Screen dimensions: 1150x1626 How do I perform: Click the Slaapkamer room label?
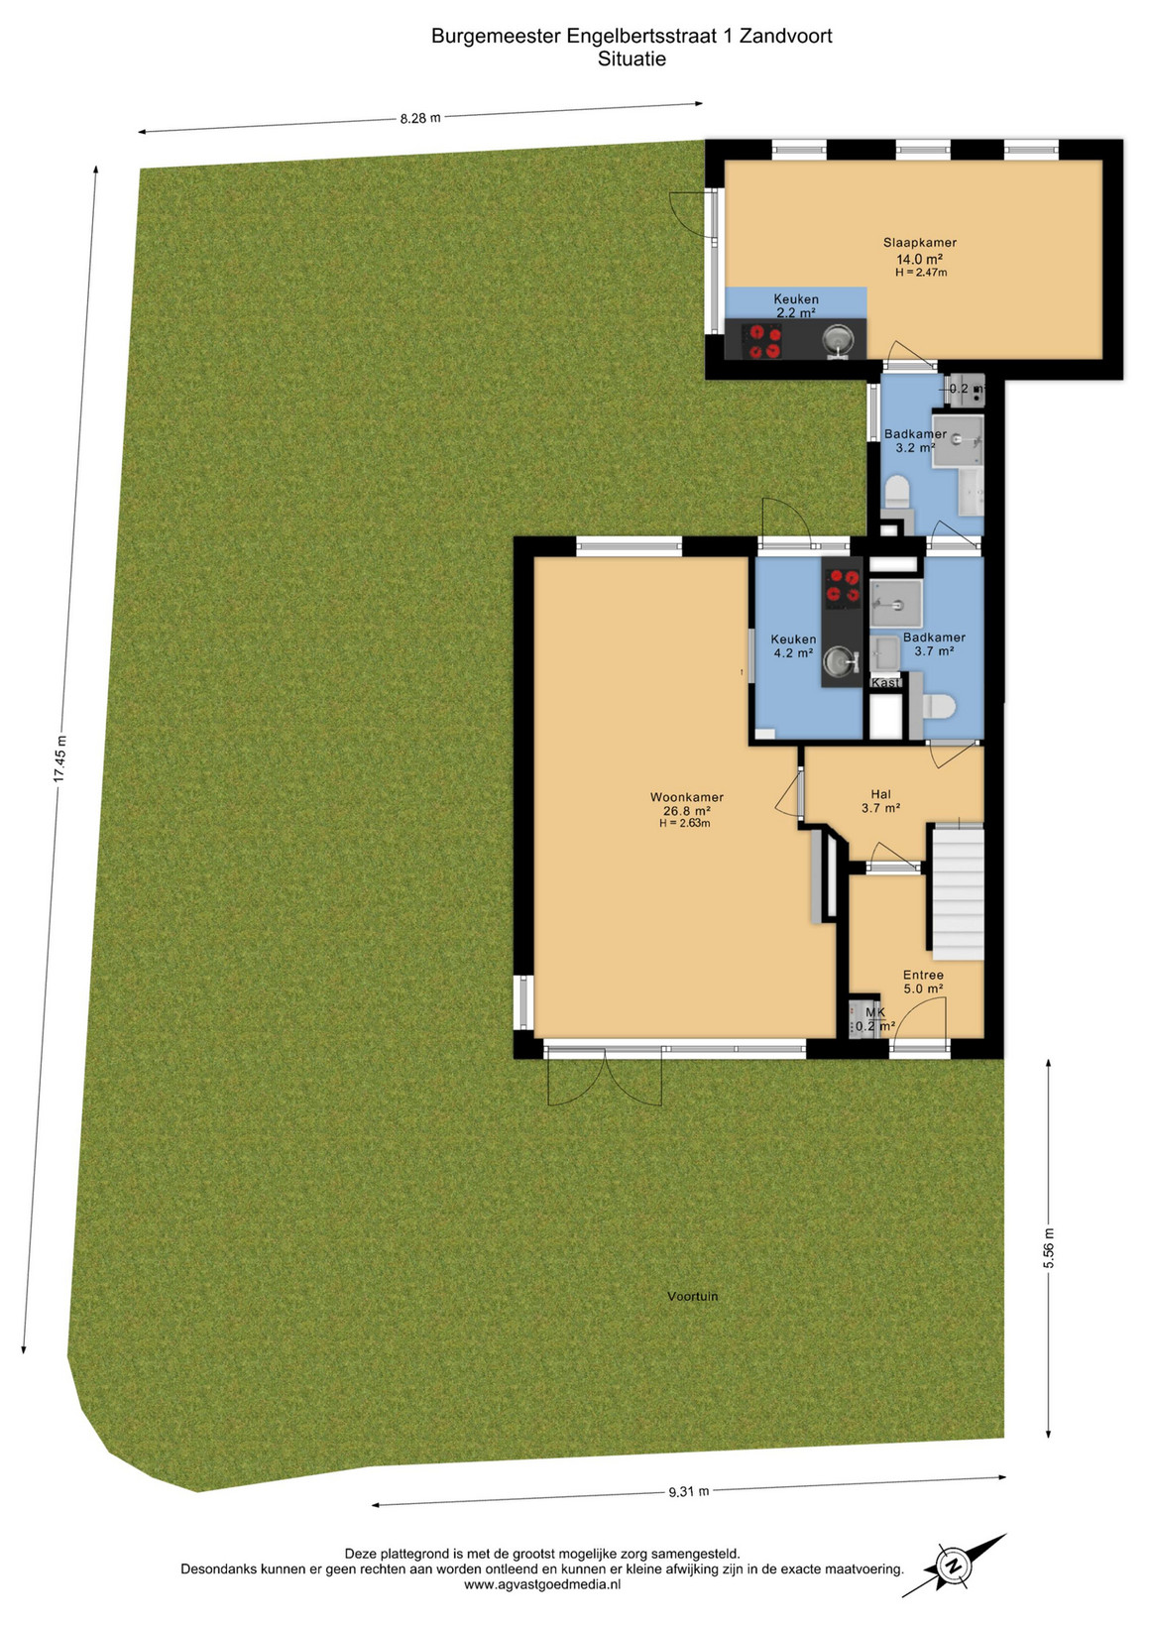coord(919,243)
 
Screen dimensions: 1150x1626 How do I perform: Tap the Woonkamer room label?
coord(686,797)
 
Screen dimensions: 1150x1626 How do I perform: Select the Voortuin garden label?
coord(693,1296)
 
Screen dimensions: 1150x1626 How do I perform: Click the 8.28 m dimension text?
coord(420,118)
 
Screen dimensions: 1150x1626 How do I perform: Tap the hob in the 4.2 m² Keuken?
coord(842,588)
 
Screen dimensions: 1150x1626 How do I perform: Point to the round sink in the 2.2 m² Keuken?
coord(839,338)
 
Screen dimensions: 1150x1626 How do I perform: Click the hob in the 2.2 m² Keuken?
coord(761,340)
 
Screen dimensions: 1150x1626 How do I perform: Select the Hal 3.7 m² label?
coord(880,801)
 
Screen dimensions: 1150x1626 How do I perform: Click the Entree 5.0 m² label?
coord(923,982)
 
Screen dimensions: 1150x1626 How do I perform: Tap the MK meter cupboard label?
coord(875,1012)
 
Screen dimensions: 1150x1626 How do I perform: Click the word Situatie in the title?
coord(632,58)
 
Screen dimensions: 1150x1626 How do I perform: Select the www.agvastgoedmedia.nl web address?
coord(541,1584)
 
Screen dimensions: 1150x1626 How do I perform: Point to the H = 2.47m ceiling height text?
coord(921,273)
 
